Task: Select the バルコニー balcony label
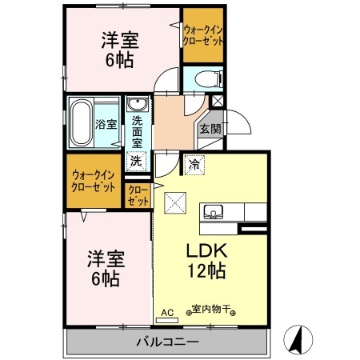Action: pos(167,342)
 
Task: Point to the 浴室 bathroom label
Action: pos(106,124)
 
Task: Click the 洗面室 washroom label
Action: pos(137,130)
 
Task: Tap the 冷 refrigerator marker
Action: pos(195,165)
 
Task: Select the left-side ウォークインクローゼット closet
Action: pos(94,179)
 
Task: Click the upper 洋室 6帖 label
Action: pos(119,50)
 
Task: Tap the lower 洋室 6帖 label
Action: pos(104,268)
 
